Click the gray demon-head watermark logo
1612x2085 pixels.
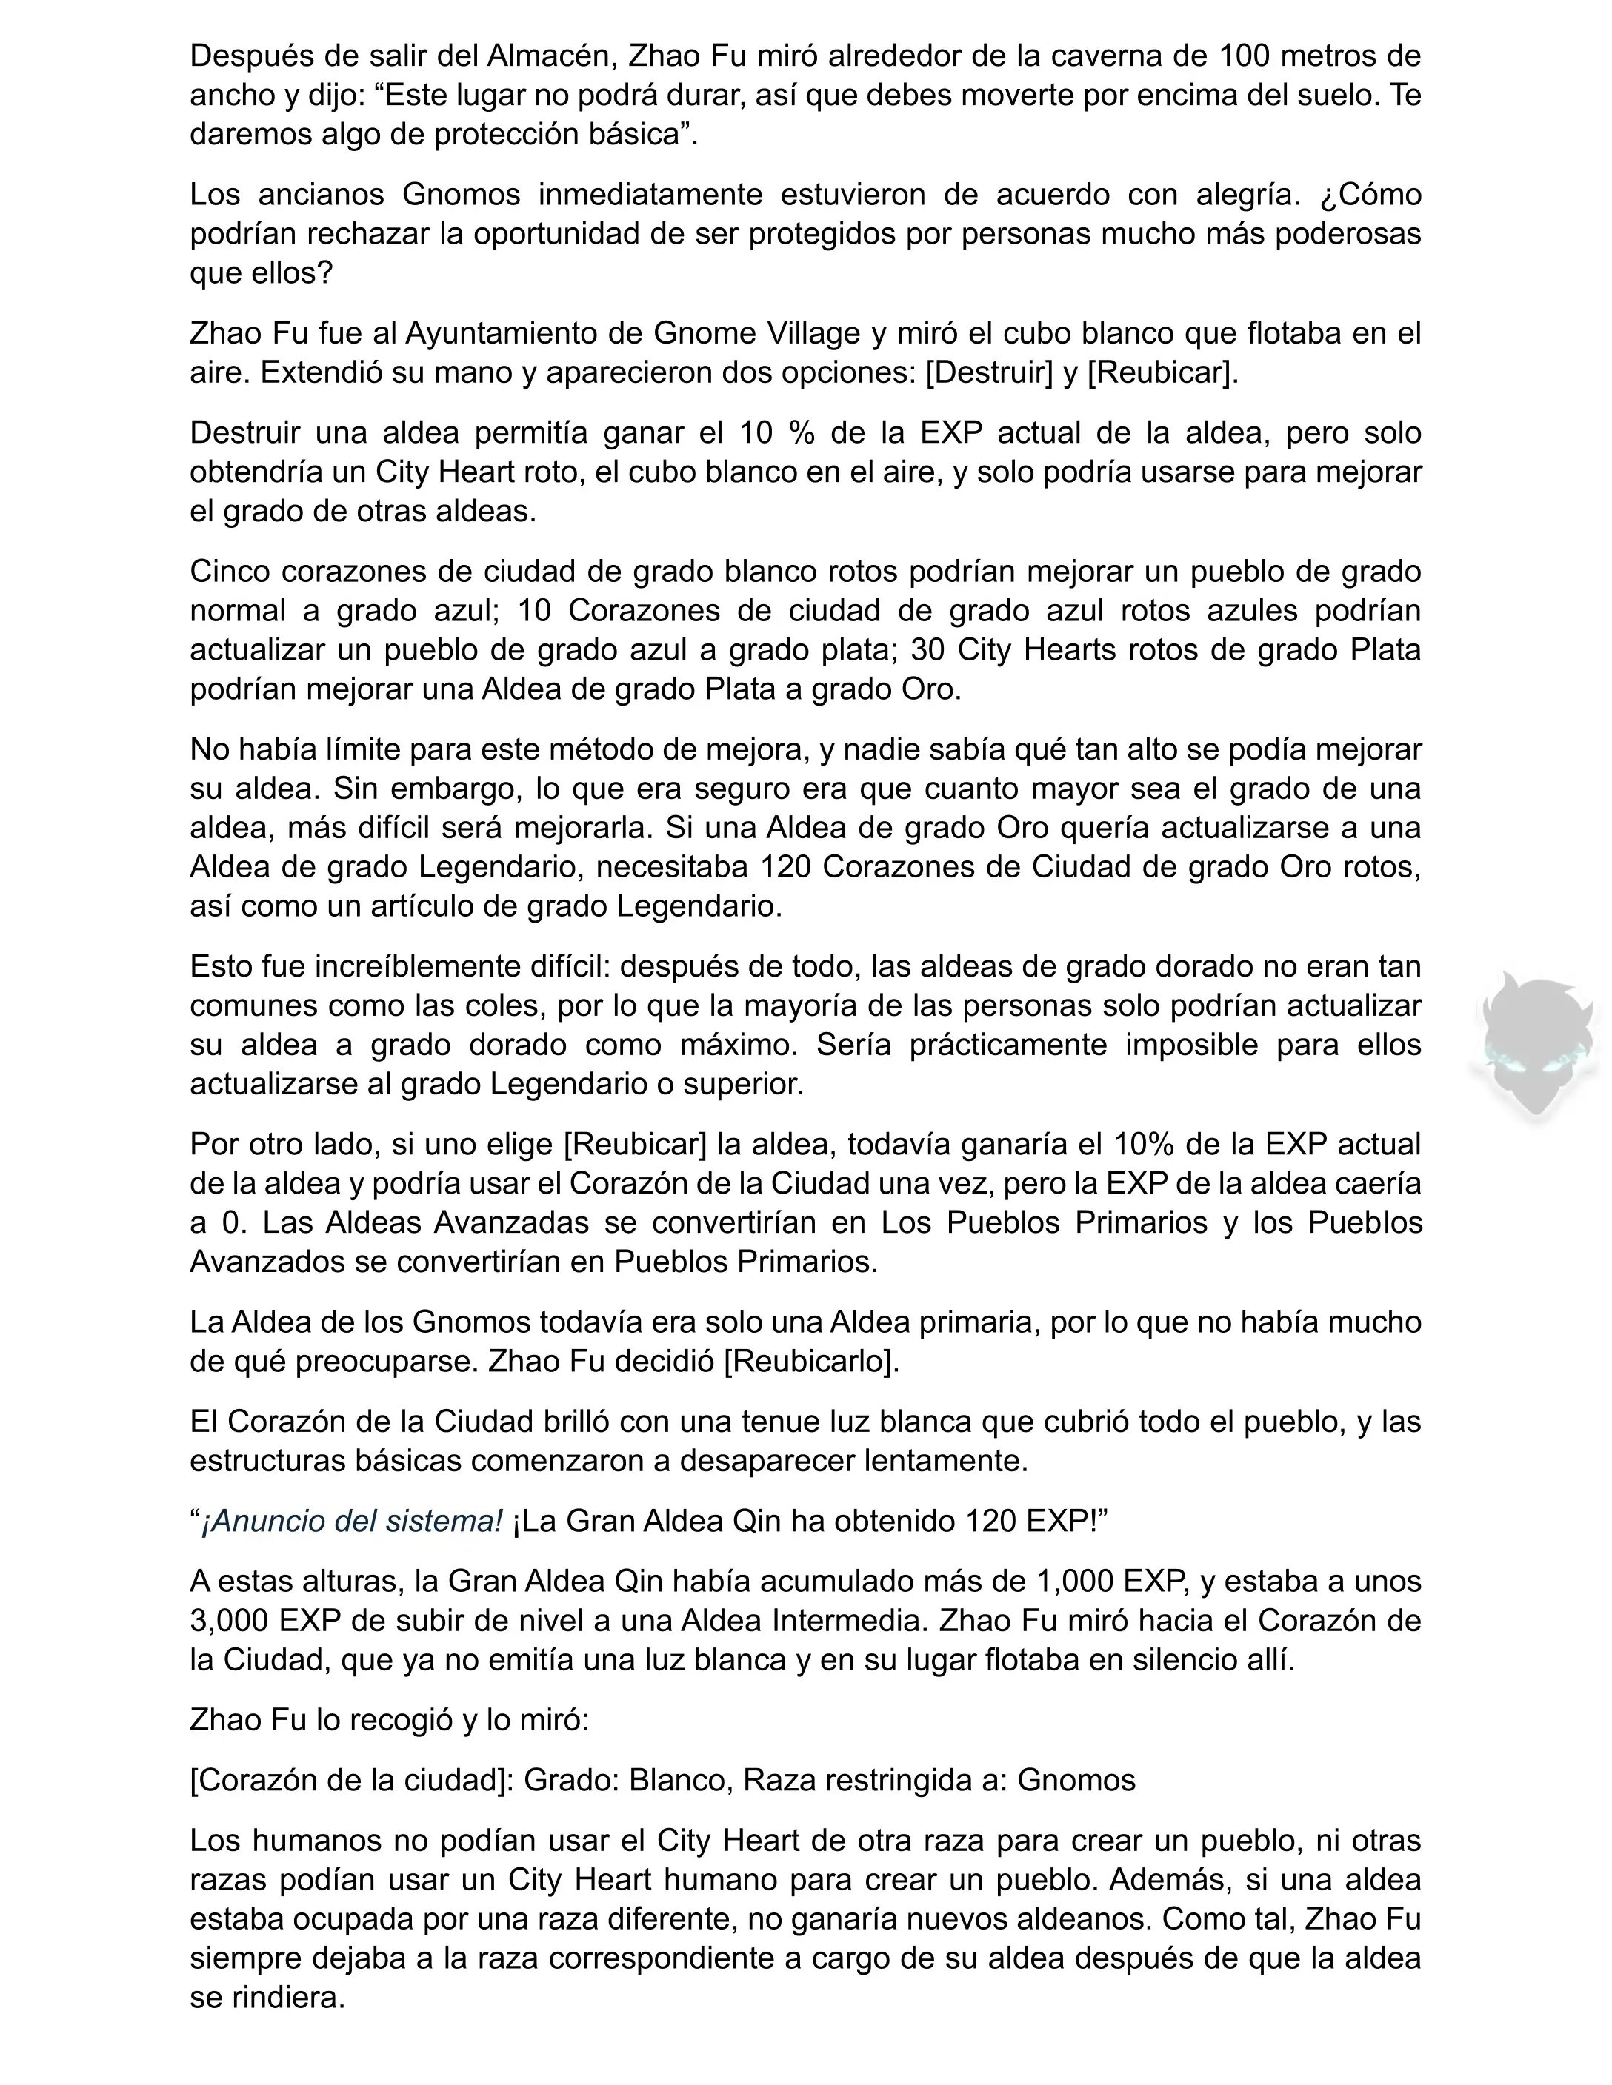tap(1535, 1045)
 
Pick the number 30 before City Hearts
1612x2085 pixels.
tap(928, 650)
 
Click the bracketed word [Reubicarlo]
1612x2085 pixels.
tap(810, 1362)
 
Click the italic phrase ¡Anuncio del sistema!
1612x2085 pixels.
tap(350, 1521)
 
